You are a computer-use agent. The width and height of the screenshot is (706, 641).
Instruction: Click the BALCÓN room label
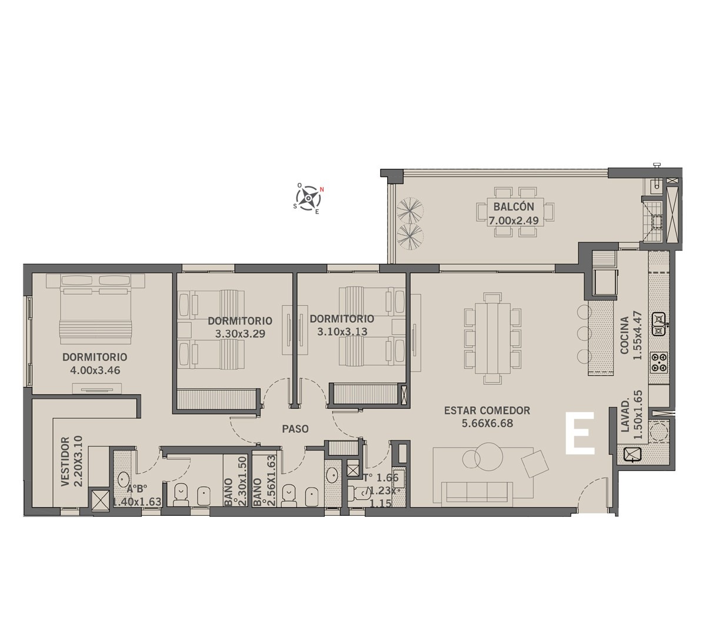click(514, 206)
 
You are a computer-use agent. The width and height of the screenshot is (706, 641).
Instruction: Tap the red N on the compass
click(322, 189)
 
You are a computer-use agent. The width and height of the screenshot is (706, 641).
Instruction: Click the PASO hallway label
click(295, 429)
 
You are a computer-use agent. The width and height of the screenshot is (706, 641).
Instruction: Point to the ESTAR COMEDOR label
click(487, 410)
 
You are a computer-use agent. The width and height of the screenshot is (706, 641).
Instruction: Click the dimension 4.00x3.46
click(95, 370)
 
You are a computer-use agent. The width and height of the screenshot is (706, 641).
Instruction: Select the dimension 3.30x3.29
click(240, 333)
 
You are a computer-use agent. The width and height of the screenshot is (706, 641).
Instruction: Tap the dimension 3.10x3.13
click(342, 332)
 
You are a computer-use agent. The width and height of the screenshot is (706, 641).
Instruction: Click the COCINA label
click(625, 335)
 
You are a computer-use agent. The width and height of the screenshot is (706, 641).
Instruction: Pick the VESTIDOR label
click(65, 462)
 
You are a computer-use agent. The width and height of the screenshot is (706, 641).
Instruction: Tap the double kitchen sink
click(659, 324)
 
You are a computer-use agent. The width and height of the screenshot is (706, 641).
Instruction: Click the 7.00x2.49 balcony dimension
click(514, 221)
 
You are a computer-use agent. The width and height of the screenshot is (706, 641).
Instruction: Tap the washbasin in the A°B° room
click(123, 479)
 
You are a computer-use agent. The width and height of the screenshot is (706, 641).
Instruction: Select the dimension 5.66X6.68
click(487, 423)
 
